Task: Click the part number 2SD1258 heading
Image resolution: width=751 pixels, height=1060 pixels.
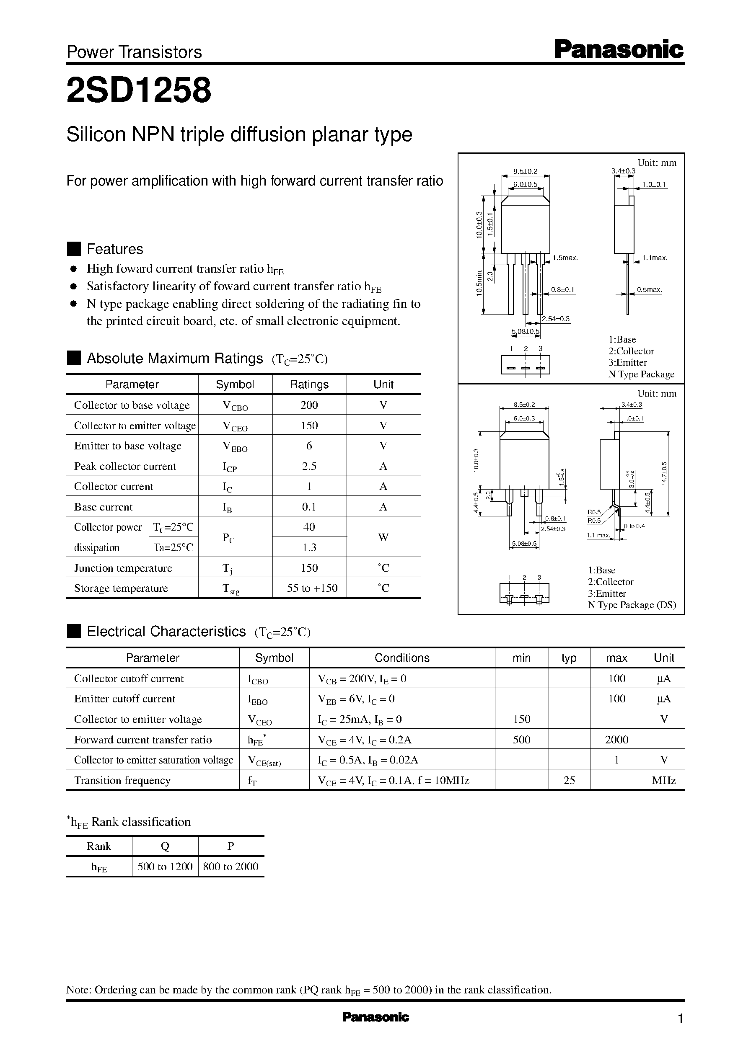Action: tap(139, 90)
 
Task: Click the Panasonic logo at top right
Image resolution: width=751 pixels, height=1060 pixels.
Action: tap(619, 49)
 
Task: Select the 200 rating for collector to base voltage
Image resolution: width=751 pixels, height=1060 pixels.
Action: tap(309, 405)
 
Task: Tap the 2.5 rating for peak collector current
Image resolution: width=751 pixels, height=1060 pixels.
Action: tap(309, 466)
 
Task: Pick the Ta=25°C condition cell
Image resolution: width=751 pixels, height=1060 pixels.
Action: tap(174, 547)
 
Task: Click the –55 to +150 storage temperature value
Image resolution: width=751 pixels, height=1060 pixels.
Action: tap(309, 588)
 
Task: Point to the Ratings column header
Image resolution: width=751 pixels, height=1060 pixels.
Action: tap(309, 384)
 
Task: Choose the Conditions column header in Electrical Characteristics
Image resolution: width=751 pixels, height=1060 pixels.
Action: tap(402, 658)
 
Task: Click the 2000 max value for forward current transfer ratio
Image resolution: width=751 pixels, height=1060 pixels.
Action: tap(616, 740)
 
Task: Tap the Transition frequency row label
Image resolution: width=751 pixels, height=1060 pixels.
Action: tap(122, 780)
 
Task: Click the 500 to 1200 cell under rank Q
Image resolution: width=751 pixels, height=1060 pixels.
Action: tap(165, 867)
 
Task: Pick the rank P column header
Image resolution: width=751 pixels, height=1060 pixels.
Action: tap(231, 846)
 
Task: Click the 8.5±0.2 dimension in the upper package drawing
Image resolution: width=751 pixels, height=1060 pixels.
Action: tap(526, 171)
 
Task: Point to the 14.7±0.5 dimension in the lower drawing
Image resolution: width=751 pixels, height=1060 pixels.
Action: tap(664, 474)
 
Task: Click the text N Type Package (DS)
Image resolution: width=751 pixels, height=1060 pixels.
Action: tap(632, 605)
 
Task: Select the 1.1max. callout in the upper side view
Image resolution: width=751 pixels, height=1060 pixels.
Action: tap(655, 258)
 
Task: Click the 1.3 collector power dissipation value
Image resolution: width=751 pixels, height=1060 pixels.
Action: tap(309, 547)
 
